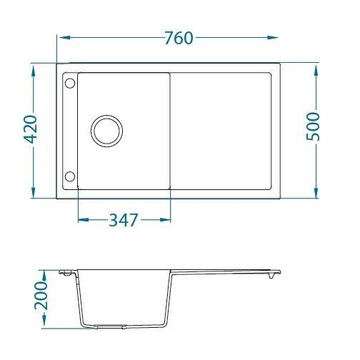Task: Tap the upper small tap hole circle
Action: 70,87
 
